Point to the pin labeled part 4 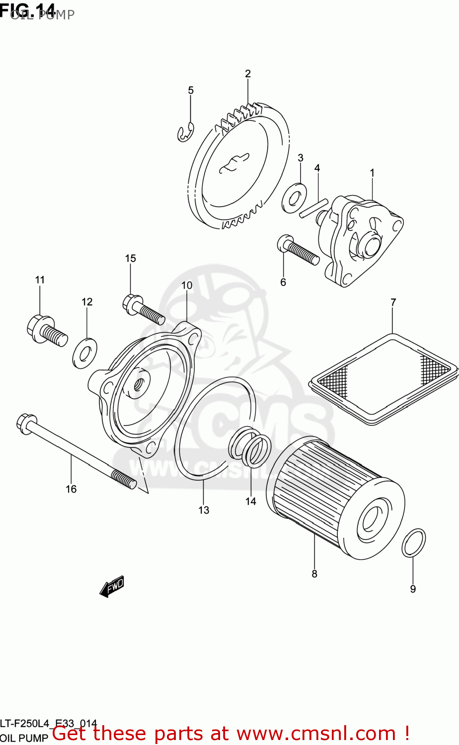click(x=314, y=208)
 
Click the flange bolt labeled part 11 click(x=46, y=330)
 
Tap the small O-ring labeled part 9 click(x=413, y=543)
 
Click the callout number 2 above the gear click(x=248, y=74)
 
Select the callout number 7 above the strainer click(x=393, y=302)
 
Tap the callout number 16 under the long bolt click(x=71, y=489)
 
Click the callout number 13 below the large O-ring click(x=204, y=510)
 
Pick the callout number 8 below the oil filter click(x=314, y=574)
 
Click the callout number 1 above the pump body click(x=372, y=173)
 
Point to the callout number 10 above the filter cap click(x=186, y=285)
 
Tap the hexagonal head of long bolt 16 click(x=25, y=422)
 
